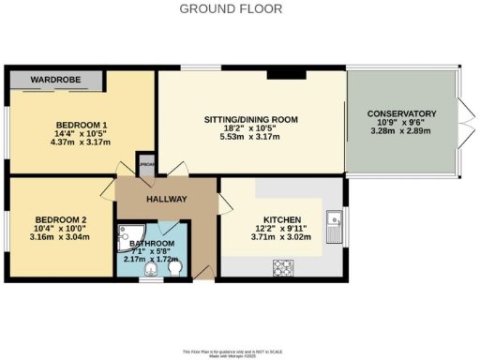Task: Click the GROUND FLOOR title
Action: [x=239, y=9]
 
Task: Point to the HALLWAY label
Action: [x=167, y=200]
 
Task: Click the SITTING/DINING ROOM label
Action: [x=250, y=120]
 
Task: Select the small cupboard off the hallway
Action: [x=146, y=163]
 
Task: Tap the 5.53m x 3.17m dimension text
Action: [x=250, y=138]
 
